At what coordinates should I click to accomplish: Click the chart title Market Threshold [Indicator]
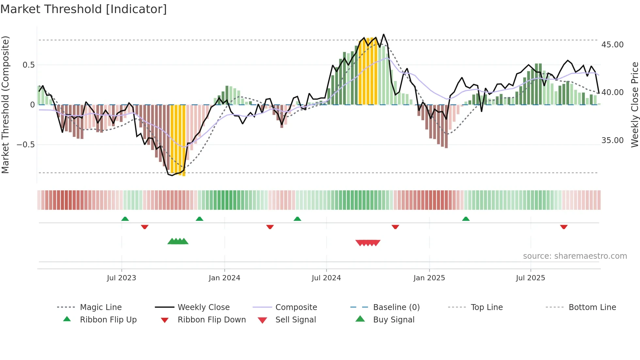(84, 9)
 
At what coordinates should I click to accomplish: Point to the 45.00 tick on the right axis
(612, 45)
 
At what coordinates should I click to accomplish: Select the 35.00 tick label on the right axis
(612, 140)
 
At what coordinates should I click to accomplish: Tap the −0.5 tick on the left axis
(25, 144)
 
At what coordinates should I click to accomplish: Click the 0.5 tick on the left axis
(28, 65)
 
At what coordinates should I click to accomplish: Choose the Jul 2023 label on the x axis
(121, 278)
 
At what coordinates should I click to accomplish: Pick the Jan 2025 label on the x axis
(429, 278)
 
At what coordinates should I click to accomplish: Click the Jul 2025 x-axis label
(530, 278)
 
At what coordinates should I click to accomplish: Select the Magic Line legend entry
(101, 307)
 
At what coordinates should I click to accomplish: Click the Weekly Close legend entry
(203, 307)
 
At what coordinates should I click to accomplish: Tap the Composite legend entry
(296, 307)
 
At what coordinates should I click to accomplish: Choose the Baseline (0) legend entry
(396, 307)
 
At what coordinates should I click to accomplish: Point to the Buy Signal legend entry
(393, 320)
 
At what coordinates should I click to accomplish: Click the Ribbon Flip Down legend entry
(211, 320)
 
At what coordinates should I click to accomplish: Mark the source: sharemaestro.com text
(575, 256)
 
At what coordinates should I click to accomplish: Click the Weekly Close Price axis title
(634, 105)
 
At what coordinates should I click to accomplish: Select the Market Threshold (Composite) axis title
(5, 105)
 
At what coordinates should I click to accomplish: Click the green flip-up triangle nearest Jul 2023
(125, 219)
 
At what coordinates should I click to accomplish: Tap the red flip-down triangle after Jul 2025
(564, 227)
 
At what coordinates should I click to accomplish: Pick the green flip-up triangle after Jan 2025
(466, 219)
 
